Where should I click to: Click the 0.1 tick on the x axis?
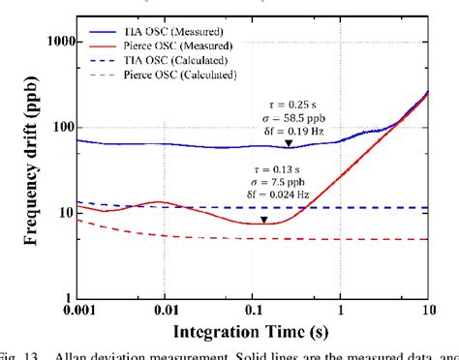click(x=254, y=310)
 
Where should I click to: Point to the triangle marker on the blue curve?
click(x=288, y=144)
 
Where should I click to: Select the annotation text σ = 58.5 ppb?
click(x=288, y=115)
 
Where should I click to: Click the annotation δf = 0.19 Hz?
click(x=288, y=129)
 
